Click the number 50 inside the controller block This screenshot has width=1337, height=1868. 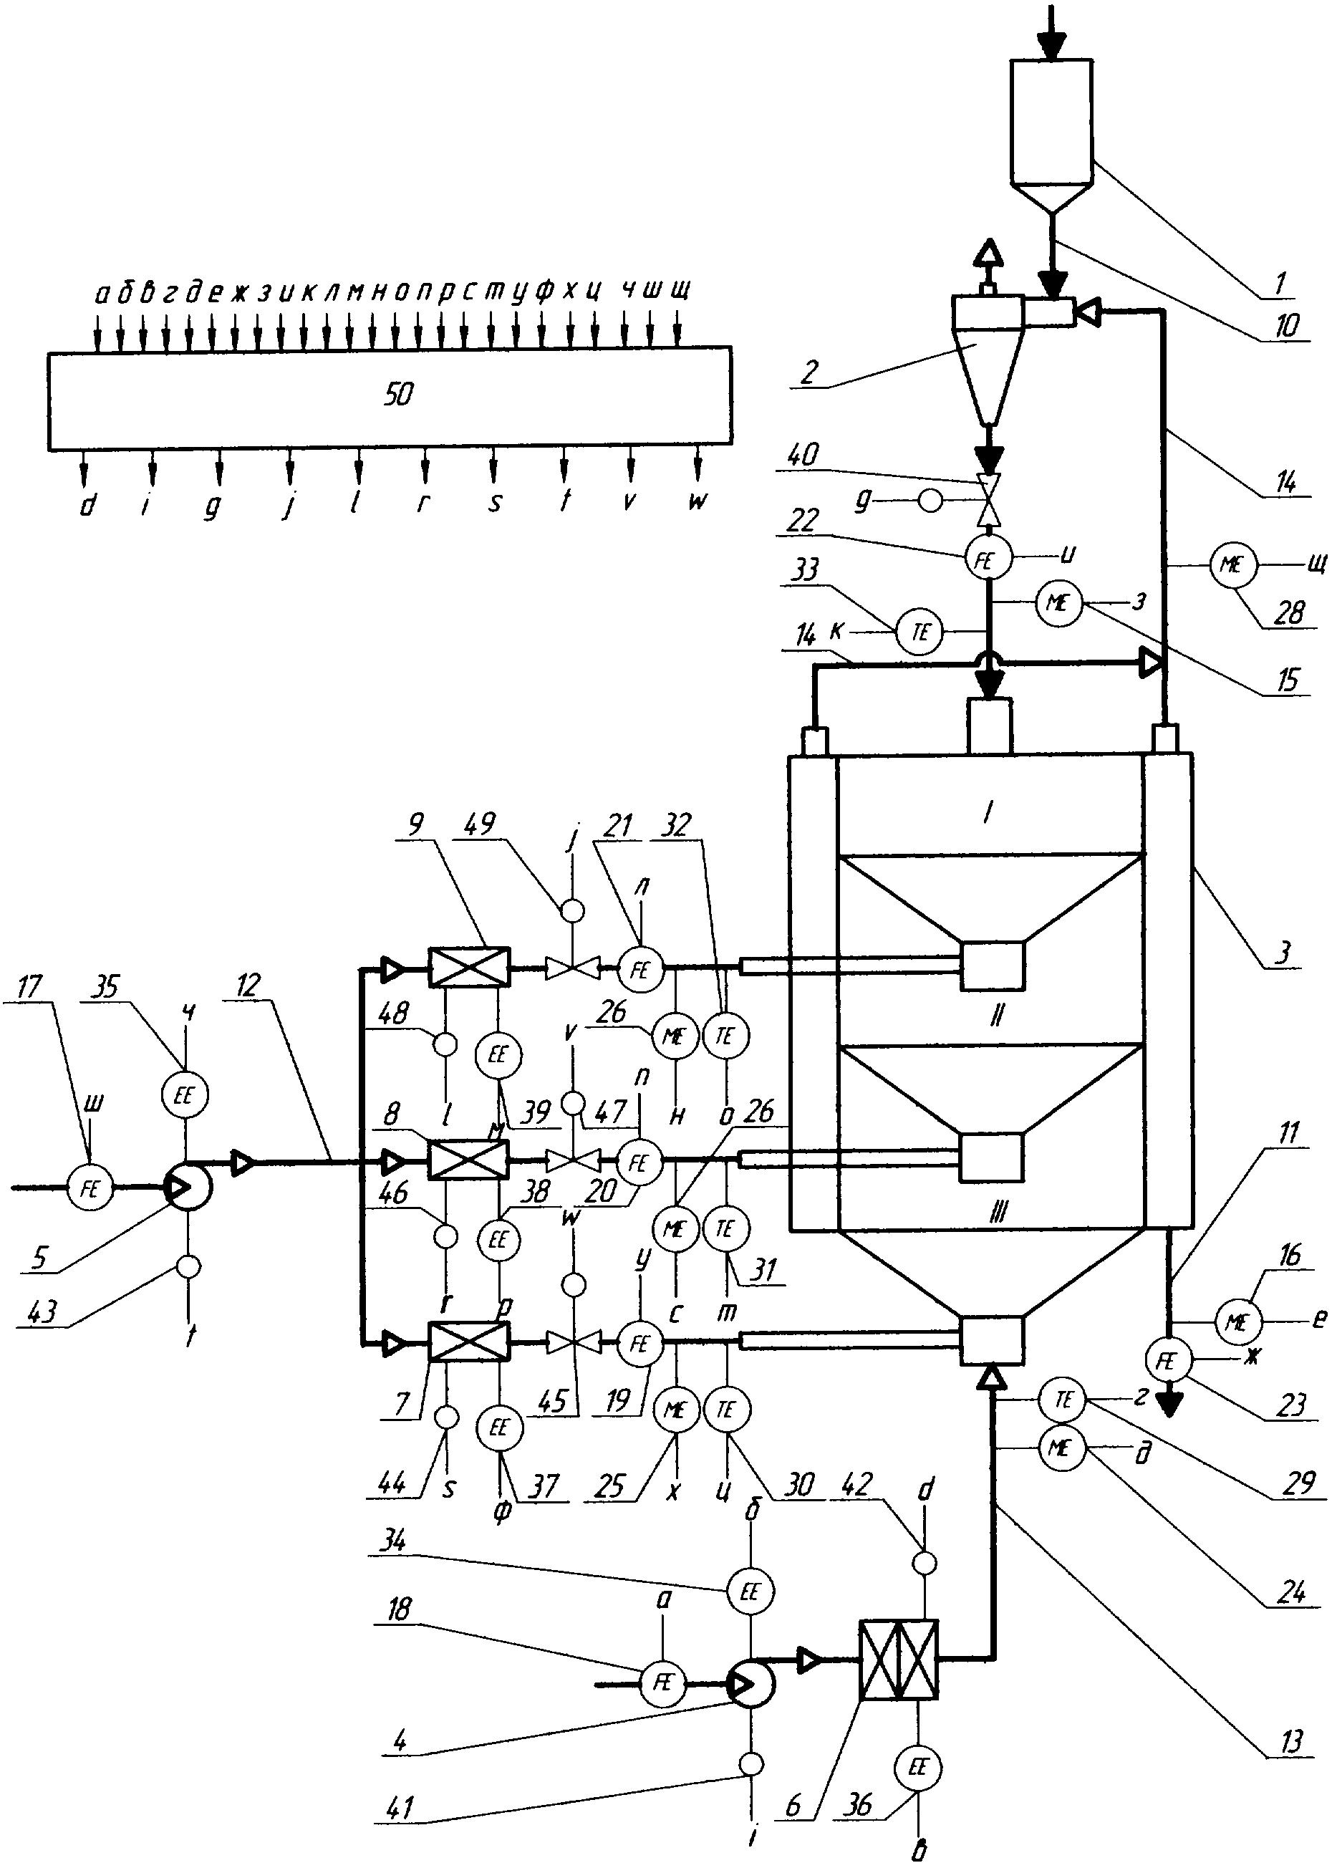[398, 396]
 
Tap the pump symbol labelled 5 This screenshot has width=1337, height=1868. [188, 1187]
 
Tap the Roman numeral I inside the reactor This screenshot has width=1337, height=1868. [988, 814]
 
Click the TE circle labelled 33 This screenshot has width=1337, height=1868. [920, 632]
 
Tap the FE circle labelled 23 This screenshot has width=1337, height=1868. [1167, 1362]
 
